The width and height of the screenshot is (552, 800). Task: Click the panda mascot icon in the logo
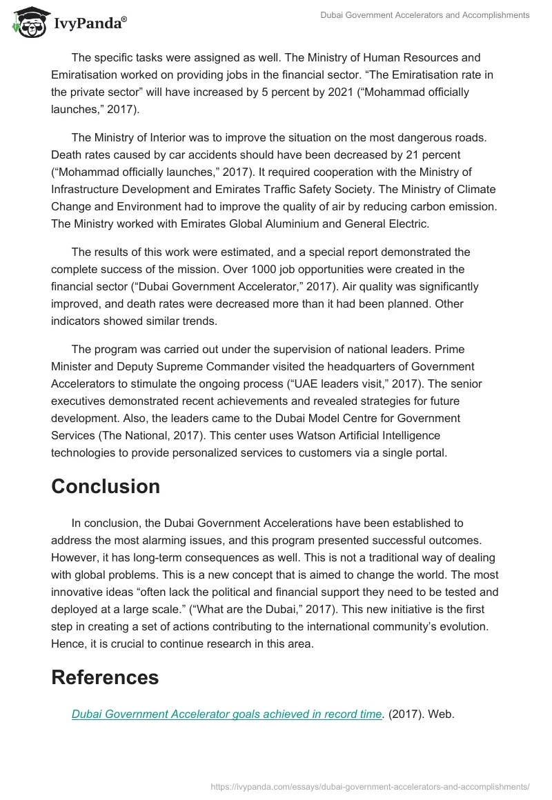(x=28, y=23)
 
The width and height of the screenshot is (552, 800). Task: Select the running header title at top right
(x=425, y=14)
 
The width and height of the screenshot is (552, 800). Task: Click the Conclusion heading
(x=105, y=486)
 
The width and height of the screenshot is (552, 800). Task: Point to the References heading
(x=105, y=677)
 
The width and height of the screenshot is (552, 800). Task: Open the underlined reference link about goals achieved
(x=226, y=714)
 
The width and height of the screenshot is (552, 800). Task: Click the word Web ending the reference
(x=440, y=714)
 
